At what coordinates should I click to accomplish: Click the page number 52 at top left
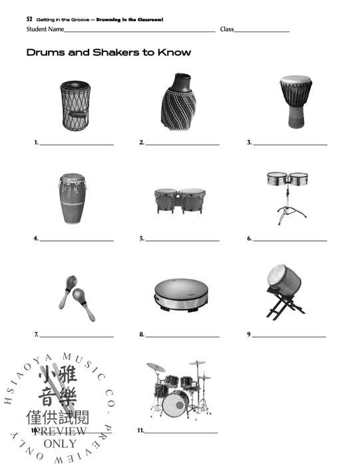[29, 20]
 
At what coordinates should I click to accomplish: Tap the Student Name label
[45, 29]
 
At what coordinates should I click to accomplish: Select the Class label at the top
[227, 29]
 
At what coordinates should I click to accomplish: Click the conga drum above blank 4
[72, 199]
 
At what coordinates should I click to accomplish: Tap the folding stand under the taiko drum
[285, 307]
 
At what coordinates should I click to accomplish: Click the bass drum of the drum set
[175, 403]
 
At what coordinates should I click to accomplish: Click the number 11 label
[141, 431]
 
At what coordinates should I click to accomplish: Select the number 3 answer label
[250, 142]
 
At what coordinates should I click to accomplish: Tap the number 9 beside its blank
[249, 334]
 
